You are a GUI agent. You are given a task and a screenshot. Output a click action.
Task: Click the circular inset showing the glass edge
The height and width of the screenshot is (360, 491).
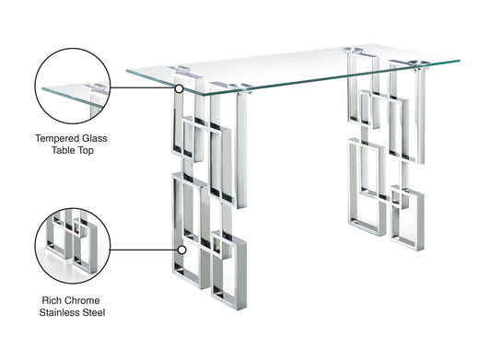(x=72, y=88)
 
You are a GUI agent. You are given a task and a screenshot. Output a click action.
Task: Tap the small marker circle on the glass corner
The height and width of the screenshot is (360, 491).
(x=180, y=88)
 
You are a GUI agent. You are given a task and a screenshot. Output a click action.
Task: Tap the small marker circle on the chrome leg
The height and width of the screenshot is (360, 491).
(x=182, y=249)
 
